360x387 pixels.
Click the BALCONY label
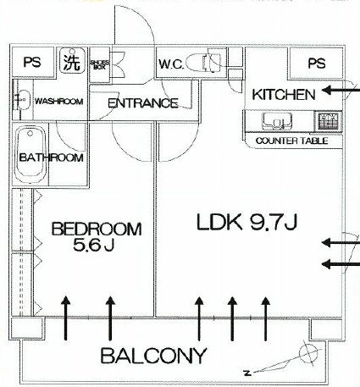tap(153, 356)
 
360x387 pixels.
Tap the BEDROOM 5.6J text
tap(97, 236)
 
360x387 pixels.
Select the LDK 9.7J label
tap(246, 222)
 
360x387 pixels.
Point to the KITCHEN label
tap(284, 95)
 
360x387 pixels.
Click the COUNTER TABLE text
tap(292, 141)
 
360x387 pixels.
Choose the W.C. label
tap(171, 64)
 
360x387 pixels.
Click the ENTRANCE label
tap(143, 103)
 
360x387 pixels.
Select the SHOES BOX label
tap(99, 64)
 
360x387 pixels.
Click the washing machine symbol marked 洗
tap(73, 61)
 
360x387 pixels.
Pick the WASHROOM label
tap(59, 102)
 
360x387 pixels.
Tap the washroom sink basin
tap(22, 100)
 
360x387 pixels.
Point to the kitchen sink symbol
tap(277, 121)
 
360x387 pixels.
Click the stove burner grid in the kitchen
tap(328, 121)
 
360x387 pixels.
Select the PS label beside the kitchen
tap(317, 64)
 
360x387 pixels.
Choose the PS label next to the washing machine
tap(32, 62)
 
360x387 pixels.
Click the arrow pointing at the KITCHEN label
tap(341, 91)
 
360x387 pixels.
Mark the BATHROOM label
tap(52, 158)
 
